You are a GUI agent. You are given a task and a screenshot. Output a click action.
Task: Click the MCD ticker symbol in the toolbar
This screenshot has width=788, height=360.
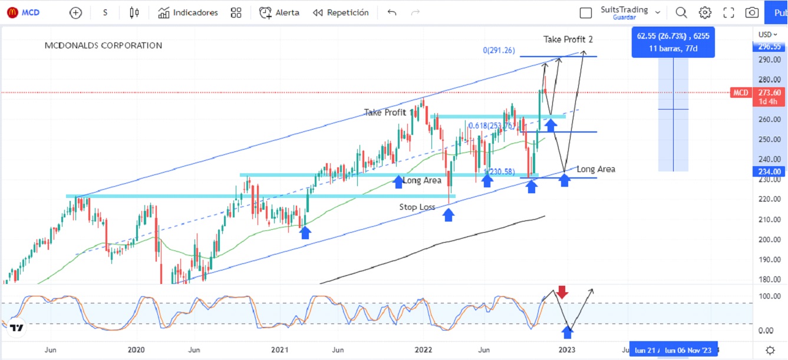(31, 12)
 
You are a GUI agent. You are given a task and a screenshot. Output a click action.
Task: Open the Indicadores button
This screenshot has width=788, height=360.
(188, 12)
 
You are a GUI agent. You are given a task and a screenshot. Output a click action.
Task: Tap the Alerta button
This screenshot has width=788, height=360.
(279, 12)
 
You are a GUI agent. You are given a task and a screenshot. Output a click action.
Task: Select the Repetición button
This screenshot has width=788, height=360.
(341, 12)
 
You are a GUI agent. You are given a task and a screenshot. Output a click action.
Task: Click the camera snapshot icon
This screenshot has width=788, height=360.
(751, 12)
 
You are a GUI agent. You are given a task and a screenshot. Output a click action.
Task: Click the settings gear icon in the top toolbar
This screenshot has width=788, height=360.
(705, 12)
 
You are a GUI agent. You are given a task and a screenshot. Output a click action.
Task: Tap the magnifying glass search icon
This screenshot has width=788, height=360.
(681, 12)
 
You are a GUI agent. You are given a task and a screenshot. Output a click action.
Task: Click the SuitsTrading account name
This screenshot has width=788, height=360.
(624, 10)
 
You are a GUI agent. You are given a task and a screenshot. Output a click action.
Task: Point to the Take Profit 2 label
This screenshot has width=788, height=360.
(568, 39)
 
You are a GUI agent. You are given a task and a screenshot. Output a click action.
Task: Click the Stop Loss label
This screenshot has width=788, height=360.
(417, 207)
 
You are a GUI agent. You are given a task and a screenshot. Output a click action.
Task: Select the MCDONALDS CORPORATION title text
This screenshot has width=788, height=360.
(103, 45)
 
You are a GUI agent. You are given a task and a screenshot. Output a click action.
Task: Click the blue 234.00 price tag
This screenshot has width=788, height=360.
(769, 171)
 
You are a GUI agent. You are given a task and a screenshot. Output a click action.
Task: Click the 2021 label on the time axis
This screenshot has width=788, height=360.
(279, 349)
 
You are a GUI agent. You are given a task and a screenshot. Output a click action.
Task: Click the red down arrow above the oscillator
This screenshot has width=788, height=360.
(562, 292)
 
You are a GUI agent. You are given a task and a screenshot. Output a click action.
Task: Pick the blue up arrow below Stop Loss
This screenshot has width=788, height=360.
(449, 214)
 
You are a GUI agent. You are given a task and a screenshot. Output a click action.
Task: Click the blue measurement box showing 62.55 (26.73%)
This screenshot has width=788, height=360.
(672, 41)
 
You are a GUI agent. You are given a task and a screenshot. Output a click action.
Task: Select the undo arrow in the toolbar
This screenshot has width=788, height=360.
(392, 12)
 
